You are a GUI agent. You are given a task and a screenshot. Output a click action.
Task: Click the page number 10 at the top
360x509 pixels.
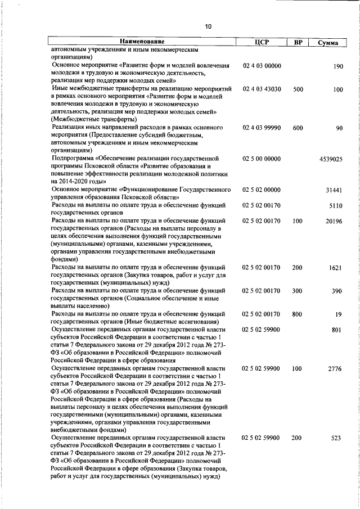209,26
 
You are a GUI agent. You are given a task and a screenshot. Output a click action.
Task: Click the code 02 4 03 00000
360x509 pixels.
262,66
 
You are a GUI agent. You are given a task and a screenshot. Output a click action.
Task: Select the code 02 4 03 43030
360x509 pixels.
262,89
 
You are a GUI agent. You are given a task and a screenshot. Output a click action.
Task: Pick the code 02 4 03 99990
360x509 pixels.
262,128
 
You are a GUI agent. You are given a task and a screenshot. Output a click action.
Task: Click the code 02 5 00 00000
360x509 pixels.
262,159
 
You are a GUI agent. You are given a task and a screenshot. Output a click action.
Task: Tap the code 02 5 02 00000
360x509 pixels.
262,191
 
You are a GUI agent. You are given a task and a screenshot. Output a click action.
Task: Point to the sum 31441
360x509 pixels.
334,191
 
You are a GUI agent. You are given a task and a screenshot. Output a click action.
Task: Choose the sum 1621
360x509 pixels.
336,268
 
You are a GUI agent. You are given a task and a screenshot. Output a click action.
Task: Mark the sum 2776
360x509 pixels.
336,369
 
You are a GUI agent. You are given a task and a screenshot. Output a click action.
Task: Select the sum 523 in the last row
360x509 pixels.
337,438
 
